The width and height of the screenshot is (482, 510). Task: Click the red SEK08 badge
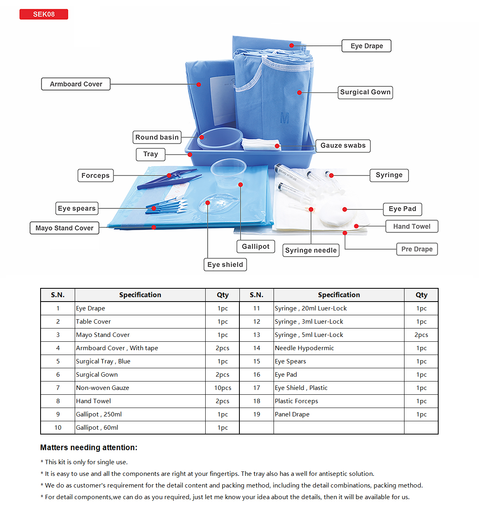(x=44, y=14)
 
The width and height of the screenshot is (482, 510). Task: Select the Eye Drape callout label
(x=366, y=46)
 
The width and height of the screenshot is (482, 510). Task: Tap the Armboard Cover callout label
(x=76, y=84)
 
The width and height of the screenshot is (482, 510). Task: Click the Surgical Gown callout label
(x=365, y=92)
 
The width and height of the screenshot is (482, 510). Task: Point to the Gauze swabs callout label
(x=343, y=146)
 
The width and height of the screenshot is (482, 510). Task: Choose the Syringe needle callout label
(x=311, y=250)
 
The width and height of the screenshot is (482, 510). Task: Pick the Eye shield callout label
(x=225, y=265)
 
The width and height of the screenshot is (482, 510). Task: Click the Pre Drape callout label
(x=417, y=249)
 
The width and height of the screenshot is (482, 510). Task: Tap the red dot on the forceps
(x=169, y=175)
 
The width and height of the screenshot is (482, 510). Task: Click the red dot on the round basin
(x=202, y=137)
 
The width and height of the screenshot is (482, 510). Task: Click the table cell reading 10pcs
(x=223, y=388)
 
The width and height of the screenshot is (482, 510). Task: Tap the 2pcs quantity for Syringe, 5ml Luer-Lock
(x=421, y=335)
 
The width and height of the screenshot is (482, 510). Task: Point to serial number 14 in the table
(x=257, y=348)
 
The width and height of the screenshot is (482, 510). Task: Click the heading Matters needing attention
(x=89, y=447)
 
